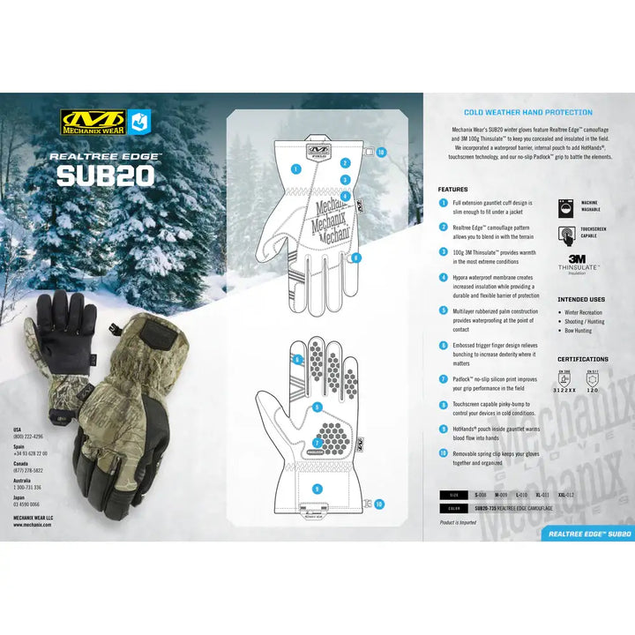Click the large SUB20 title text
[105, 173]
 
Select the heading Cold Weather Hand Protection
[528, 113]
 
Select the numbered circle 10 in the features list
[443, 452]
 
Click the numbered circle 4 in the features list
[443, 277]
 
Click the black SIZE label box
[454, 496]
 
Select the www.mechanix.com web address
[32, 524]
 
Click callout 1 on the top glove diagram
[295, 167]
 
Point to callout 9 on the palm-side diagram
[317, 407]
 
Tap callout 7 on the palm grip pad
[317, 443]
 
